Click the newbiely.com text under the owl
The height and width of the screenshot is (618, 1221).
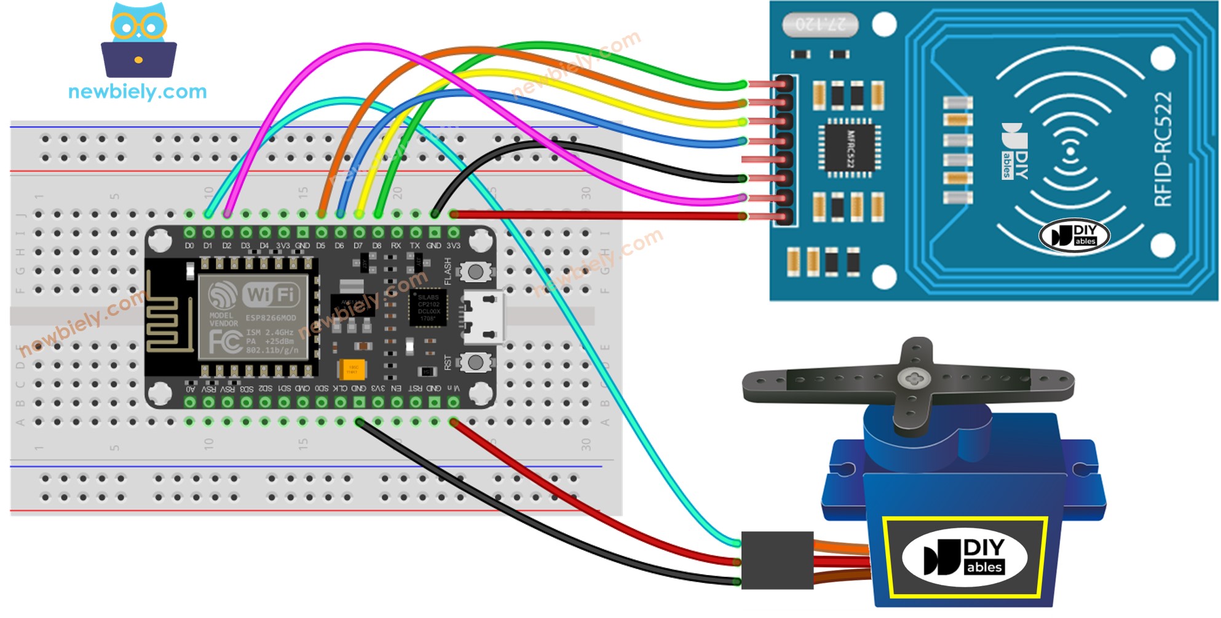[x=137, y=92]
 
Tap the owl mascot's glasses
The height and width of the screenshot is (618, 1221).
[x=139, y=26]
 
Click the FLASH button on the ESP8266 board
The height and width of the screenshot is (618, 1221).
[x=475, y=271]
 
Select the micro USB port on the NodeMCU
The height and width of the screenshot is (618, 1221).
[x=483, y=316]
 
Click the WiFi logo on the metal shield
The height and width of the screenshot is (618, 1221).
[x=271, y=295]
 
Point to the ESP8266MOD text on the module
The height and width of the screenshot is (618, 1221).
[x=271, y=318]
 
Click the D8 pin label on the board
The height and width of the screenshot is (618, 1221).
[x=377, y=246]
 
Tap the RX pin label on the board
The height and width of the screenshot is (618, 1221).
[x=396, y=246]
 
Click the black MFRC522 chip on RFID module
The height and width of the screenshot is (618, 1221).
[x=849, y=148]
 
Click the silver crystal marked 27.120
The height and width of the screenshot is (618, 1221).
[x=820, y=25]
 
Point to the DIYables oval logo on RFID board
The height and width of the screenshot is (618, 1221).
[x=1074, y=235]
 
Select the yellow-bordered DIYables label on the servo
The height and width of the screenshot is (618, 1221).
[x=964, y=557]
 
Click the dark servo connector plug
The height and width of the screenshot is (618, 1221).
[x=777, y=560]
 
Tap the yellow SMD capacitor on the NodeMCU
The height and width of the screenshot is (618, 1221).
[x=352, y=369]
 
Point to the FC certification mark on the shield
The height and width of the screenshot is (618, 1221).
[x=224, y=342]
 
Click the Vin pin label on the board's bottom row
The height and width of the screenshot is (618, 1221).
[x=453, y=388]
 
